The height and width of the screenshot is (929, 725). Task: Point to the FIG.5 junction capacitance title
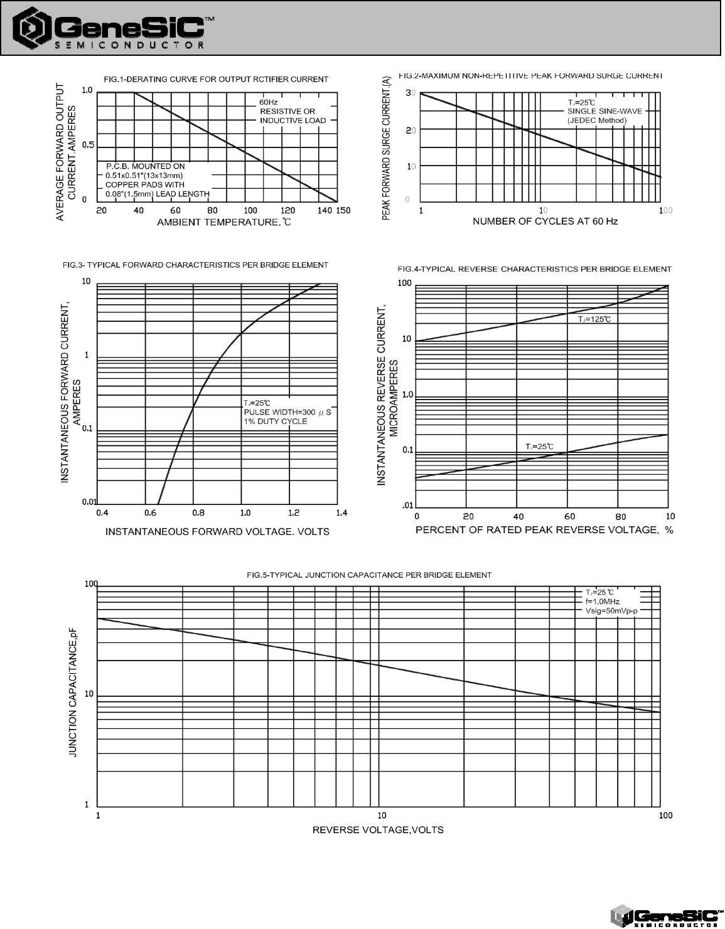pyautogui.click(x=369, y=575)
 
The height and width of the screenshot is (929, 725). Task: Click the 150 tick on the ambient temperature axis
pyautogui.click(x=343, y=211)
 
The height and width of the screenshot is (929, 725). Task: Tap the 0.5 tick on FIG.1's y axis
pyautogui.click(x=88, y=146)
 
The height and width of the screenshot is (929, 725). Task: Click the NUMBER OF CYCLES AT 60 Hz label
pyautogui.click(x=545, y=221)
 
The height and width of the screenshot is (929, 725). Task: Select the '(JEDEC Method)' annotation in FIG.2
pyautogui.click(x=597, y=120)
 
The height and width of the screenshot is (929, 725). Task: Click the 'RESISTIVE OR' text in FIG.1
pyautogui.click(x=287, y=111)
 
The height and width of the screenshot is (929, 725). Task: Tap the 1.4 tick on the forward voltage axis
pyautogui.click(x=341, y=513)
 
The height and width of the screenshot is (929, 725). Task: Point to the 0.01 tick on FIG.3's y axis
pyautogui.click(x=89, y=502)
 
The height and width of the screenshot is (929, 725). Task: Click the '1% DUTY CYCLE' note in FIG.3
pyautogui.click(x=276, y=421)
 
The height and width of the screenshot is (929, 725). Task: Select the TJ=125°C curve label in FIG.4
pyautogui.click(x=594, y=319)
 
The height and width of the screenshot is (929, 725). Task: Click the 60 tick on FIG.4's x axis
pyautogui.click(x=569, y=517)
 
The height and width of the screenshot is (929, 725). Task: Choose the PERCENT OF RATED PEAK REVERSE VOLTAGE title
pyautogui.click(x=544, y=530)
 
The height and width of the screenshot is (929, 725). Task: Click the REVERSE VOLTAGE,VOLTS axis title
pyautogui.click(x=378, y=830)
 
